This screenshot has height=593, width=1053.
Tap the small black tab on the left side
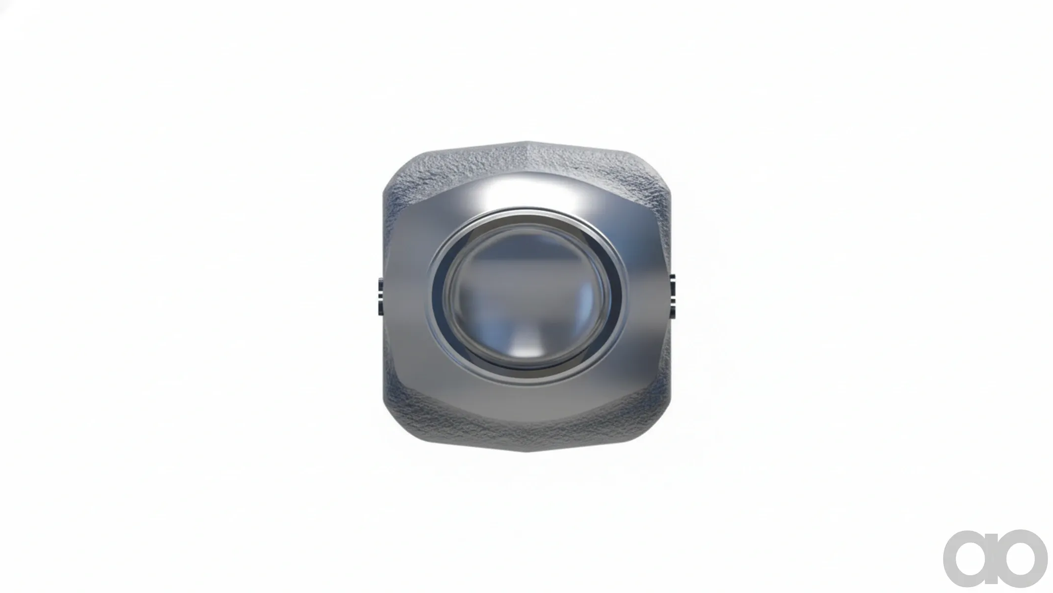coord(380,297)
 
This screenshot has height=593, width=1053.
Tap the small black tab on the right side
coord(673,297)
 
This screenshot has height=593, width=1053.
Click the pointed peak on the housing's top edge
coord(526,142)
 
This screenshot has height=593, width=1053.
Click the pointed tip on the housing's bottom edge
coord(526,450)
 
